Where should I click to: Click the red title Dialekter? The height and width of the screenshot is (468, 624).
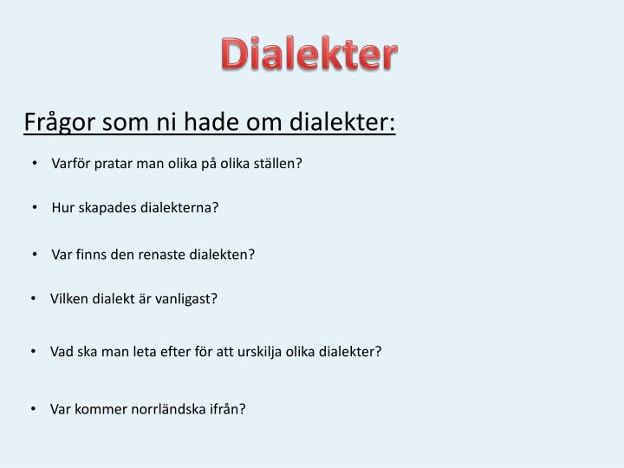pyautogui.click(x=309, y=55)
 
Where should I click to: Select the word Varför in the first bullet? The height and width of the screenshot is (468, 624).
pyautogui.click(x=71, y=163)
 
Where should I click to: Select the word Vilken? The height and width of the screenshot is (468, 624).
pyautogui.click(x=68, y=299)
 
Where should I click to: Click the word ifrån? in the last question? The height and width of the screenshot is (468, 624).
pyautogui.click(x=226, y=409)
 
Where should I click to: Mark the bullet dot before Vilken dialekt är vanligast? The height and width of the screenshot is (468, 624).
pyautogui.click(x=33, y=299)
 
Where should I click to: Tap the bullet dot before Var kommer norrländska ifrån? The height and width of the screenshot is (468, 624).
pyautogui.click(x=33, y=409)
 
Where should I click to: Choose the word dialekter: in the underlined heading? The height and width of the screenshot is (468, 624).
pyautogui.click(x=343, y=122)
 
